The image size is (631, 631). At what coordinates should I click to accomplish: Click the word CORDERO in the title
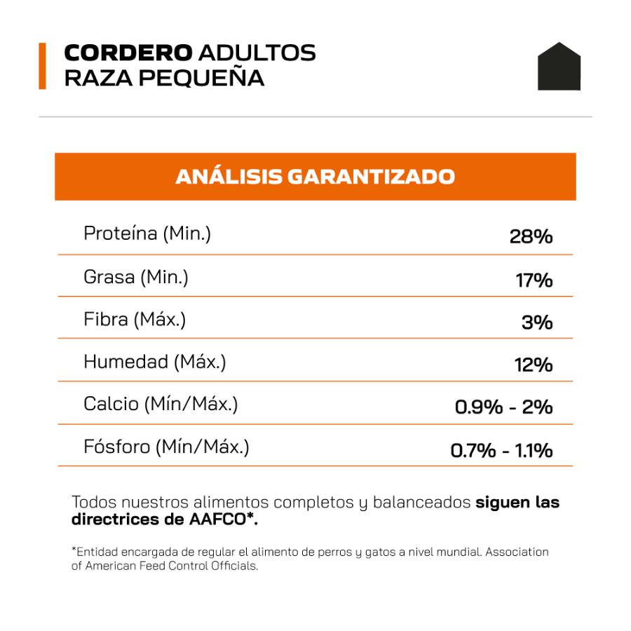point(128,53)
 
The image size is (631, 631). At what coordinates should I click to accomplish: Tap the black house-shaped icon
point(559,67)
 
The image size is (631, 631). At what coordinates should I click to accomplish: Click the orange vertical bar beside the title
point(42,66)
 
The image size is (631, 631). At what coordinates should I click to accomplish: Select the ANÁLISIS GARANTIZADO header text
point(315,177)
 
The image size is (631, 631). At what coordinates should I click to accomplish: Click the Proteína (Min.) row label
point(147,233)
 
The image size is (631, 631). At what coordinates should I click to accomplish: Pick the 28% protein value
point(531,237)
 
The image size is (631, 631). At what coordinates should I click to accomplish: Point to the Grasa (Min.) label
point(136,277)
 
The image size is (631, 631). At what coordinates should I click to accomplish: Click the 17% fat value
point(534,280)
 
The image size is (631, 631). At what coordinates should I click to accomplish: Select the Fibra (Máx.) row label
point(135,320)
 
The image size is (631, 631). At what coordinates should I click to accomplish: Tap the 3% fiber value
point(537,323)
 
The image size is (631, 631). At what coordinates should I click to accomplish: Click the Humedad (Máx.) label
point(155,362)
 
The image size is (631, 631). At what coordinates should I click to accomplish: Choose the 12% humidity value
point(534,365)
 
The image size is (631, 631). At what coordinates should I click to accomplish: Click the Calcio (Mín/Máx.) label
point(161,404)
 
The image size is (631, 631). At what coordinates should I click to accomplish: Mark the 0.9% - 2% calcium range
point(504,407)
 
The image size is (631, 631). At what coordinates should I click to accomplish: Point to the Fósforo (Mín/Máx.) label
point(167,447)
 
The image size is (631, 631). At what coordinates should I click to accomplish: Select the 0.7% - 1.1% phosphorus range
point(501,450)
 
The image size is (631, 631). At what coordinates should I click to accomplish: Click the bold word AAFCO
point(218,519)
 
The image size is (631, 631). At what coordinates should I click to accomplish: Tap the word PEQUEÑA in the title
point(201,78)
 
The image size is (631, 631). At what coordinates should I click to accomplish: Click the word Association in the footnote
point(517,552)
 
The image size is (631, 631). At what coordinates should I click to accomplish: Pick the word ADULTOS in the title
point(257,53)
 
